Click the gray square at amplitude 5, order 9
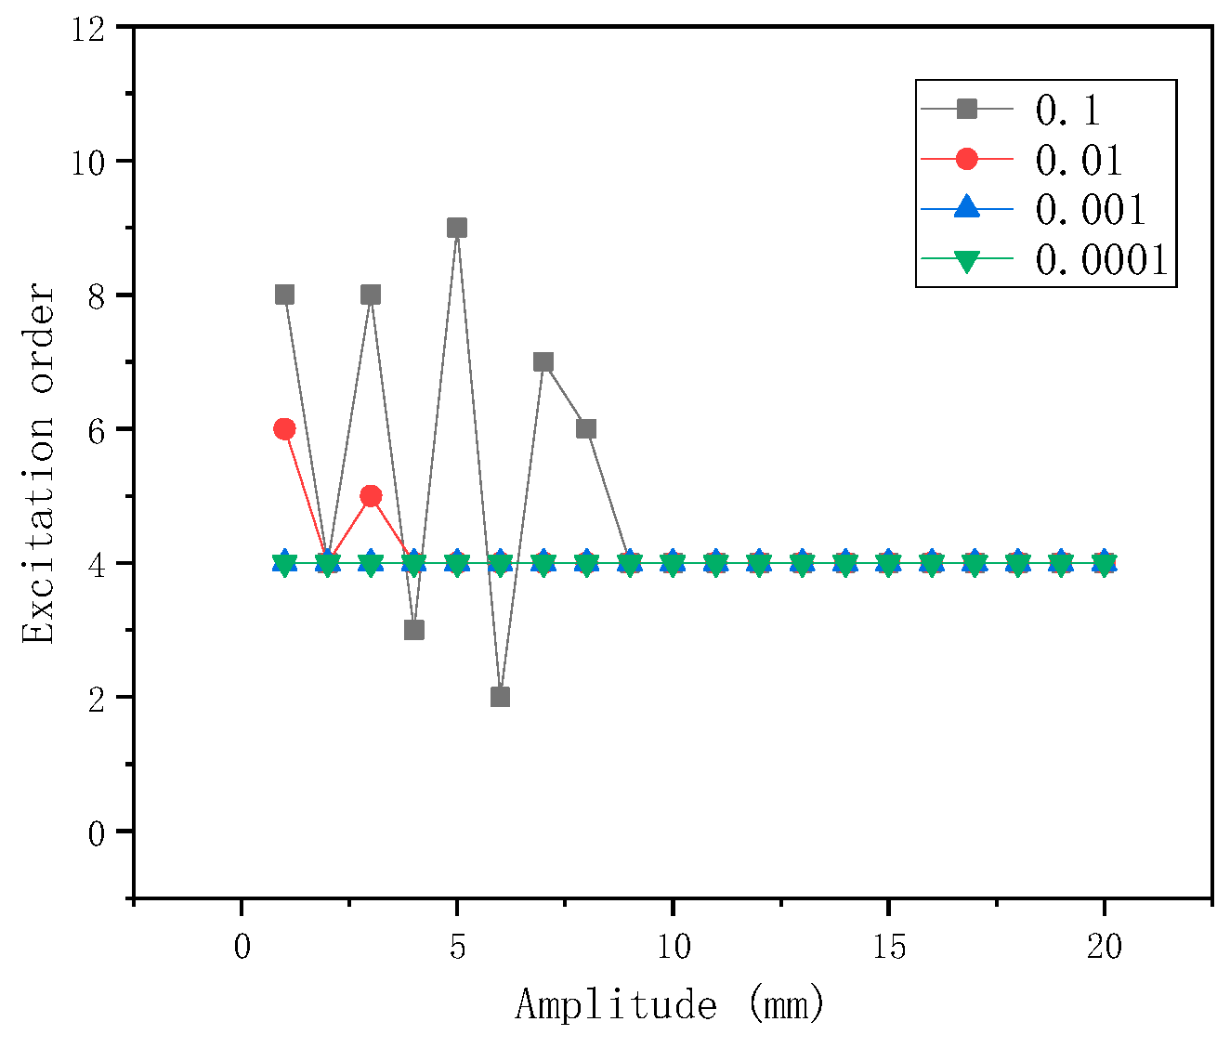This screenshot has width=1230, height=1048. (x=457, y=228)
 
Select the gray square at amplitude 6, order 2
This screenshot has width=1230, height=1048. (x=500, y=697)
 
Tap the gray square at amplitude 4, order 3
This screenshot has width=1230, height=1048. (x=414, y=630)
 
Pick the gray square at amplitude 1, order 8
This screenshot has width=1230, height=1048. (x=284, y=295)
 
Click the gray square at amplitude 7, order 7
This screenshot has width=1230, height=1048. (x=543, y=361)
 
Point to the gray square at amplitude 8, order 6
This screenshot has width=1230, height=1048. (x=586, y=428)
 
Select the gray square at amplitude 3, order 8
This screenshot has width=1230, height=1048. (x=371, y=295)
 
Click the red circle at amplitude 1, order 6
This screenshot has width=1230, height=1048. (x=284, y=428)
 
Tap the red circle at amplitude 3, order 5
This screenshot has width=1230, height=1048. (x=371, y=495)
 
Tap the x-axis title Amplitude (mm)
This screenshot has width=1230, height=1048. (x=670, y=1005)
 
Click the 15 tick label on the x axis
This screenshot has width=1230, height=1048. (x=889, y=948)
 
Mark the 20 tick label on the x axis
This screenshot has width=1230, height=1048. (x=1105, y=948)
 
